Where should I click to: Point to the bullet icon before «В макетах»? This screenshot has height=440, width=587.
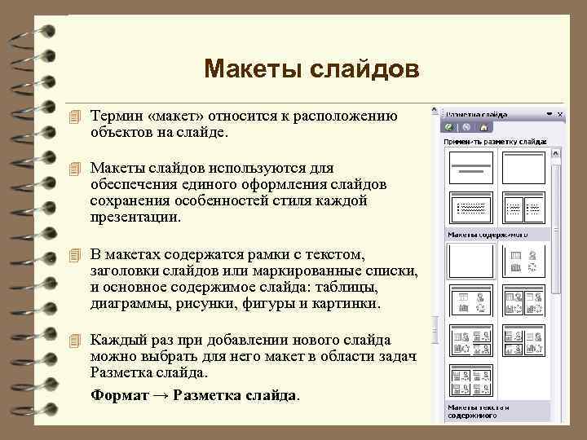[77, 255]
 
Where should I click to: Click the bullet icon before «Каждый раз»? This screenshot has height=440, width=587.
[77, 340]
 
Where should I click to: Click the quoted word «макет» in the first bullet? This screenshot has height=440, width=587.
[176, 116]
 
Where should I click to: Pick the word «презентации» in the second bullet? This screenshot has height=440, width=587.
[135, 218]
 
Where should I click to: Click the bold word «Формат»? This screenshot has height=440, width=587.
[120, 395]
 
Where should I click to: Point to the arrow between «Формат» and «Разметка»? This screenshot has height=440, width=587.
[161, 395]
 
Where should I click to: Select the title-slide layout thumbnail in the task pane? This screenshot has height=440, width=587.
[471, 168]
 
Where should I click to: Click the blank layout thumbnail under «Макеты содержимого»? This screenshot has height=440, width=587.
[471, 261]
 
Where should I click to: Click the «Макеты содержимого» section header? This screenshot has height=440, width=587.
[487, 235]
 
